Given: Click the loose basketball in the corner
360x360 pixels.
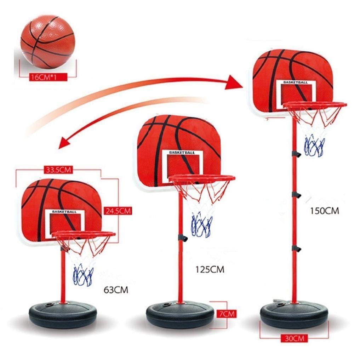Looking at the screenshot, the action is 48,42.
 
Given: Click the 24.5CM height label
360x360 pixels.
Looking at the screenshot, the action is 119,211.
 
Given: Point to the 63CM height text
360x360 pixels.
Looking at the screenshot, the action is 116,290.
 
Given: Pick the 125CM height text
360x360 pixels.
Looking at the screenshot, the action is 210,269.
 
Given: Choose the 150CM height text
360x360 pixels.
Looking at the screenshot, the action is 324,211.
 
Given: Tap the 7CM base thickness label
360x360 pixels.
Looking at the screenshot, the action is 227,314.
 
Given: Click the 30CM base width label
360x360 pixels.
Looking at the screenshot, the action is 294,338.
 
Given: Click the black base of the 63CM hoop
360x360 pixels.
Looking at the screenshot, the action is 63,314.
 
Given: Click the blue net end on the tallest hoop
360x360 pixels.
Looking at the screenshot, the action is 314,145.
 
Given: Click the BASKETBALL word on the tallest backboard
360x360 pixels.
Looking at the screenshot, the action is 296,82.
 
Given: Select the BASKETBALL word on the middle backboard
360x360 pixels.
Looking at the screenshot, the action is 182,153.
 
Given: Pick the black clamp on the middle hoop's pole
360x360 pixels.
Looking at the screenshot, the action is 183,238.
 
